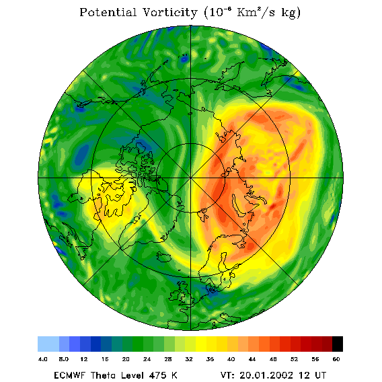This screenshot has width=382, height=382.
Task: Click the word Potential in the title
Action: click(108, 12)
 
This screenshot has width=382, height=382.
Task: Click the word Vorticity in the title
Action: click(169, 12)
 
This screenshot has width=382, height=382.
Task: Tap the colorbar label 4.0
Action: click(42, 359)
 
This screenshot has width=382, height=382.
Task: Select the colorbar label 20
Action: click(126, 359)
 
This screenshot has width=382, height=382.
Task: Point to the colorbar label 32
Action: click(189, 359)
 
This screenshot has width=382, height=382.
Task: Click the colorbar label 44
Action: click(252, 359)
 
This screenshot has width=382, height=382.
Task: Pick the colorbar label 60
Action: click(336, 359)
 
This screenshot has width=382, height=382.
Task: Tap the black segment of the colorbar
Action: click(338, 344)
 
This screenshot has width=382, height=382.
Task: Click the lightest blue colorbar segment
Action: click(48, 344)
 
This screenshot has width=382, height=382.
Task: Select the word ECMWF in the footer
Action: click(69, 375)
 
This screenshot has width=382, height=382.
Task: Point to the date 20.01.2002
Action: click(266, 375)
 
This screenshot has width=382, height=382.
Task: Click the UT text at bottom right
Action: click(319, 375)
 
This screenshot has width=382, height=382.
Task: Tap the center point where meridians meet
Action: click(191, 178)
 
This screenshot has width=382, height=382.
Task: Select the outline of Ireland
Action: click(174, 295)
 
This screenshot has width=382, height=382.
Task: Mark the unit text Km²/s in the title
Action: click(256, 12)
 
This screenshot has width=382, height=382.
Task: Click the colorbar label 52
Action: click(294, 359)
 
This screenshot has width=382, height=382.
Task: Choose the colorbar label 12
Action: click(84, 359)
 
